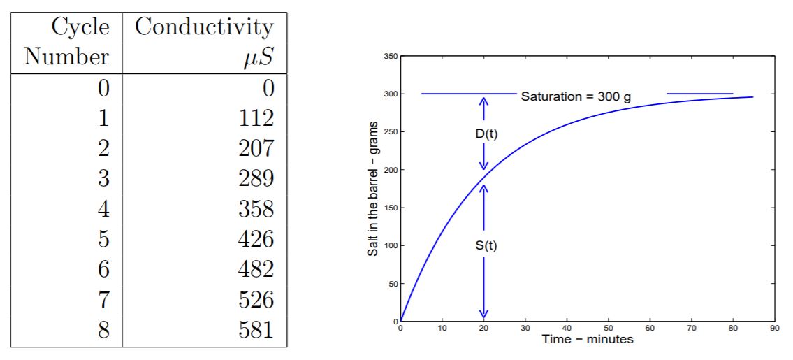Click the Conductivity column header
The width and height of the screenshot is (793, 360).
(x=203, y=27)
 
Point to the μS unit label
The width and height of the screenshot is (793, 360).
(x=257, y=57)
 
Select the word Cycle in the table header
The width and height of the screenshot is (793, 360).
(x=80, y=27)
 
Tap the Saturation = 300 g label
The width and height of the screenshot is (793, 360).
(x=576, y=95)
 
